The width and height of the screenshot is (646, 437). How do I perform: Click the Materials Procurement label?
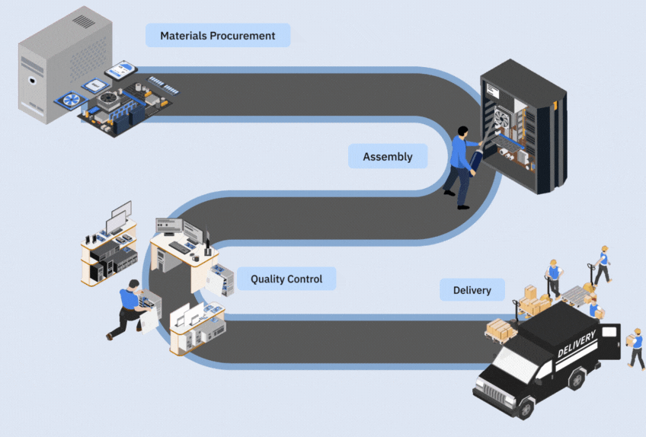tap(217, 35)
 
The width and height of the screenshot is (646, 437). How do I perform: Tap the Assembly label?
tap(387, 157)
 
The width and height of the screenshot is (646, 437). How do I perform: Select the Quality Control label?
tap(286, 279)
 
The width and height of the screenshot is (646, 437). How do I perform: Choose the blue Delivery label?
tap(472, 290)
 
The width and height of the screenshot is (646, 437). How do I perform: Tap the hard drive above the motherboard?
tap(121, 71)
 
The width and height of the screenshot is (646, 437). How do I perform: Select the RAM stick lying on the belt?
tap(163, 84)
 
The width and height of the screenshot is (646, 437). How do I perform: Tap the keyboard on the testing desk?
tap(180, 247)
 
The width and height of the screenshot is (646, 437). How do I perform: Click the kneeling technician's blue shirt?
tap(130, 301)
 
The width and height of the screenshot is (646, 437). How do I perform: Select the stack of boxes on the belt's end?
tap(501, 329)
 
